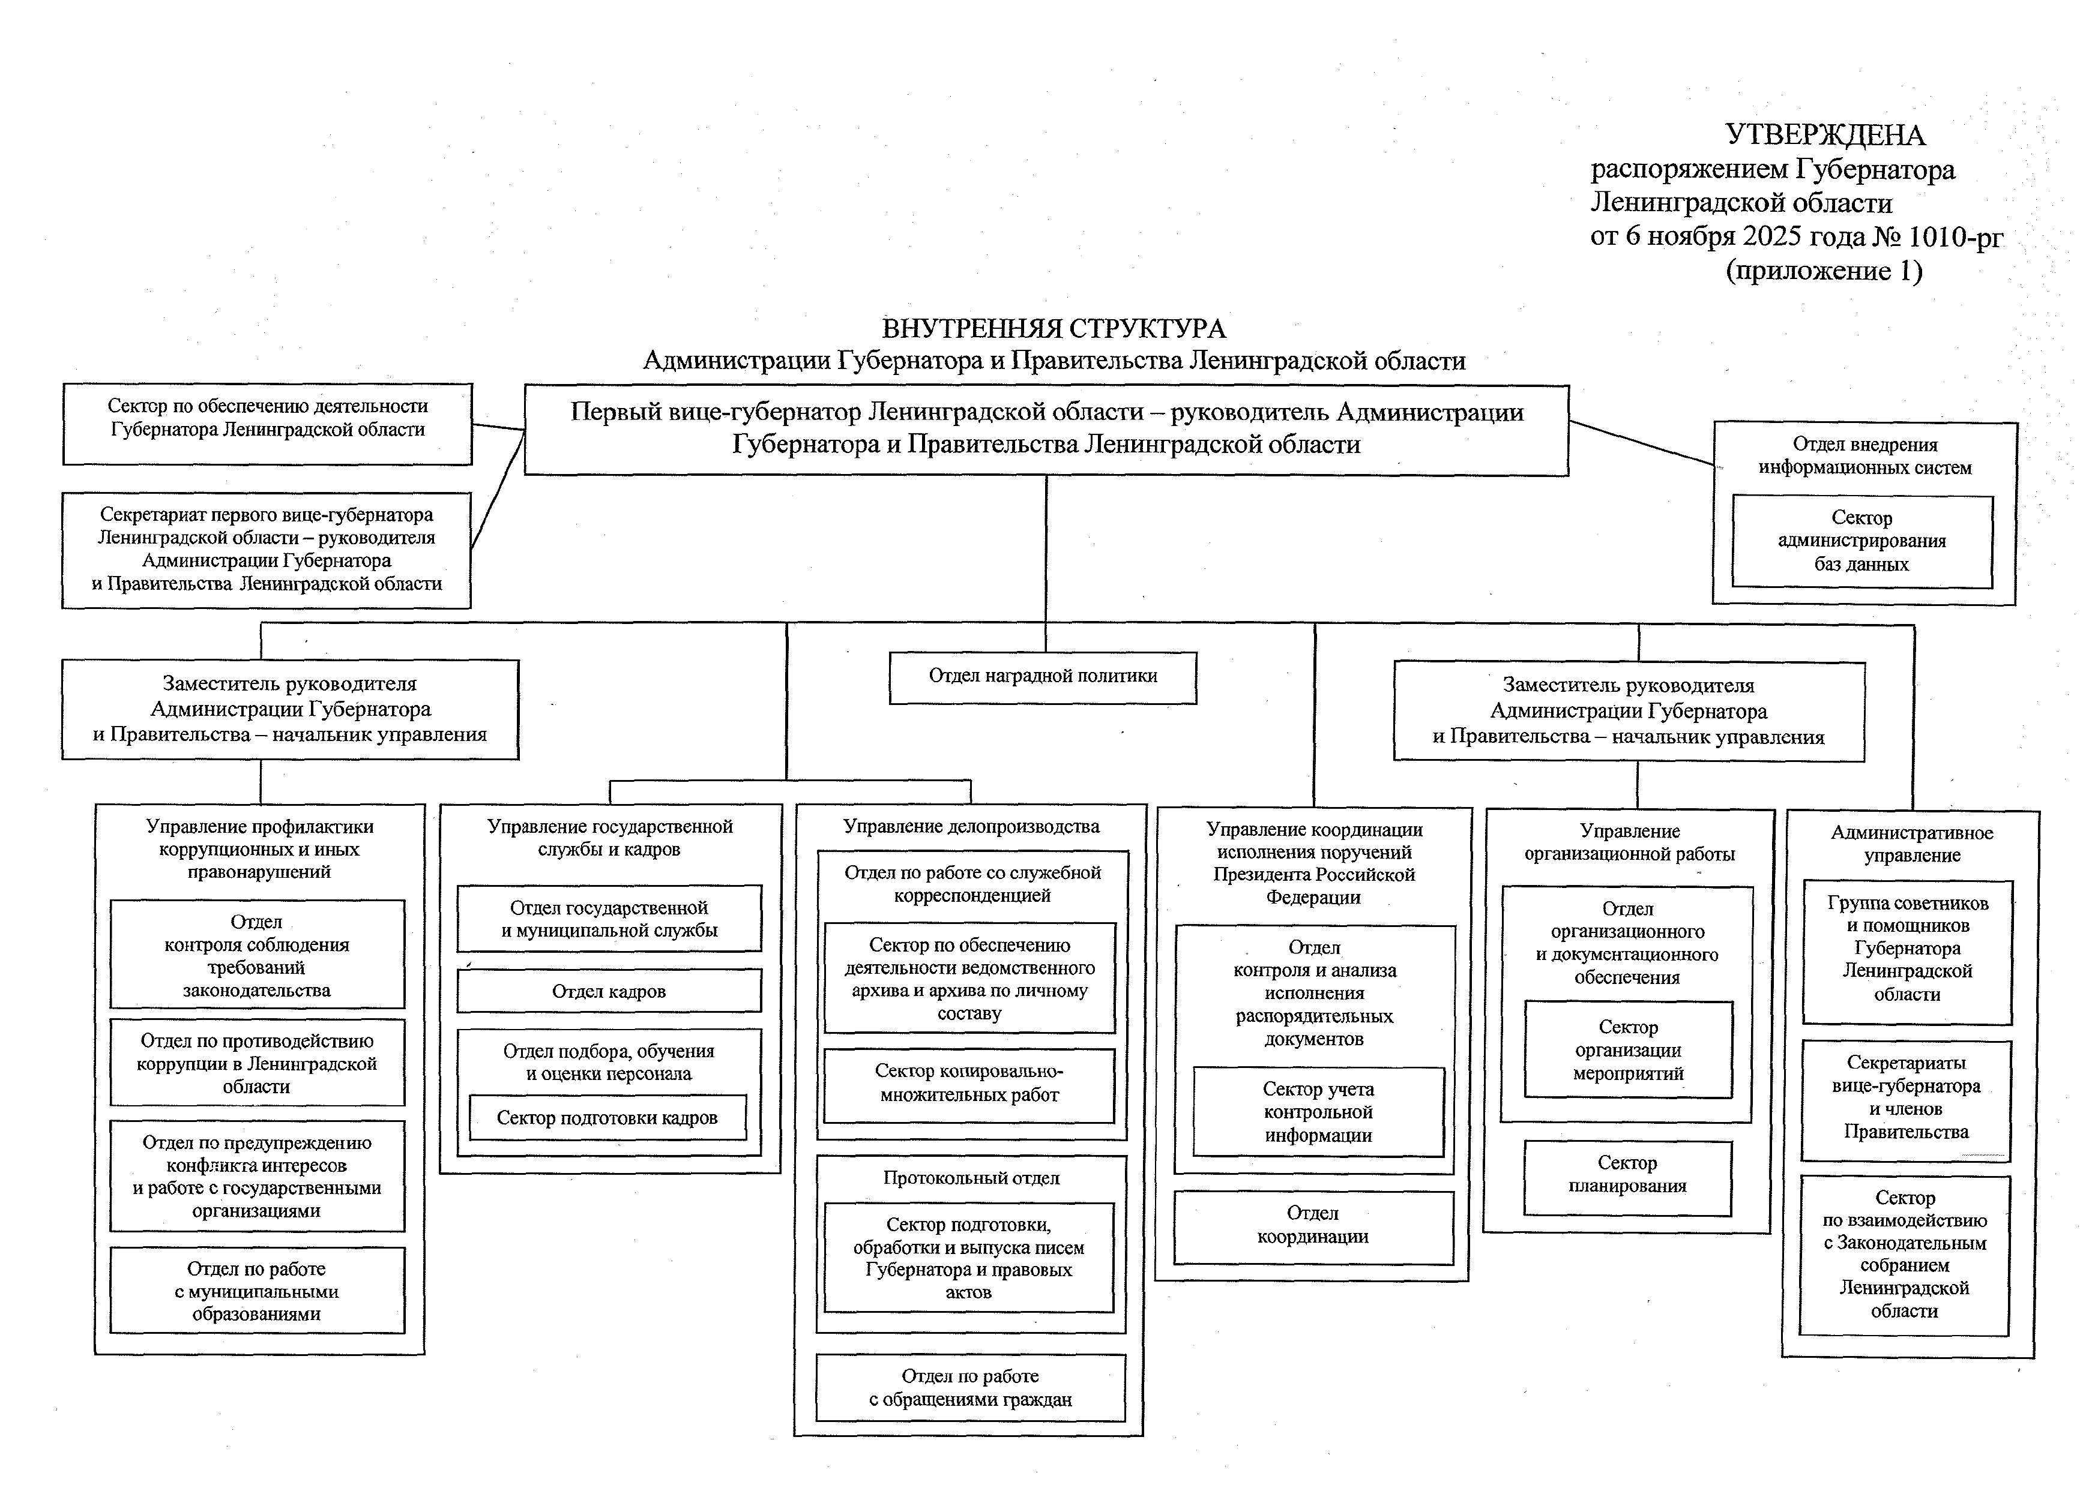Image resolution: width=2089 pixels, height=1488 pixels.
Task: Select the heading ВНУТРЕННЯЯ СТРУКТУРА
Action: point(1054,328)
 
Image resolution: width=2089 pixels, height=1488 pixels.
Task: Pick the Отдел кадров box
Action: point(609,991)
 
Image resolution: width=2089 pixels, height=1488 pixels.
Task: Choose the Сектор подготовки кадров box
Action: point(607,1118)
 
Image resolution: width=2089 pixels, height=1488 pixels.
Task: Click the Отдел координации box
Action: point(1313,1226)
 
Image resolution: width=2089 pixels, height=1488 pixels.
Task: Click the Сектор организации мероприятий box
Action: point(1628,1050)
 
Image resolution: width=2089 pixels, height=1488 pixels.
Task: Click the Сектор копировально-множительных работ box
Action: point(969,1083)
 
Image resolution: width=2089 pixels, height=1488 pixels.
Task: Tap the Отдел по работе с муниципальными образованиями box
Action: point(257,1291)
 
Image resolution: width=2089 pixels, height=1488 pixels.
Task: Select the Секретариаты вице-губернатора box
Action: point(1906,1097)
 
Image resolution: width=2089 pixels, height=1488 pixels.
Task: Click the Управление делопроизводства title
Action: point(971,826)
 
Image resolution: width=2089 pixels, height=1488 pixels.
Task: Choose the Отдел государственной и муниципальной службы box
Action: point(609,919)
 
